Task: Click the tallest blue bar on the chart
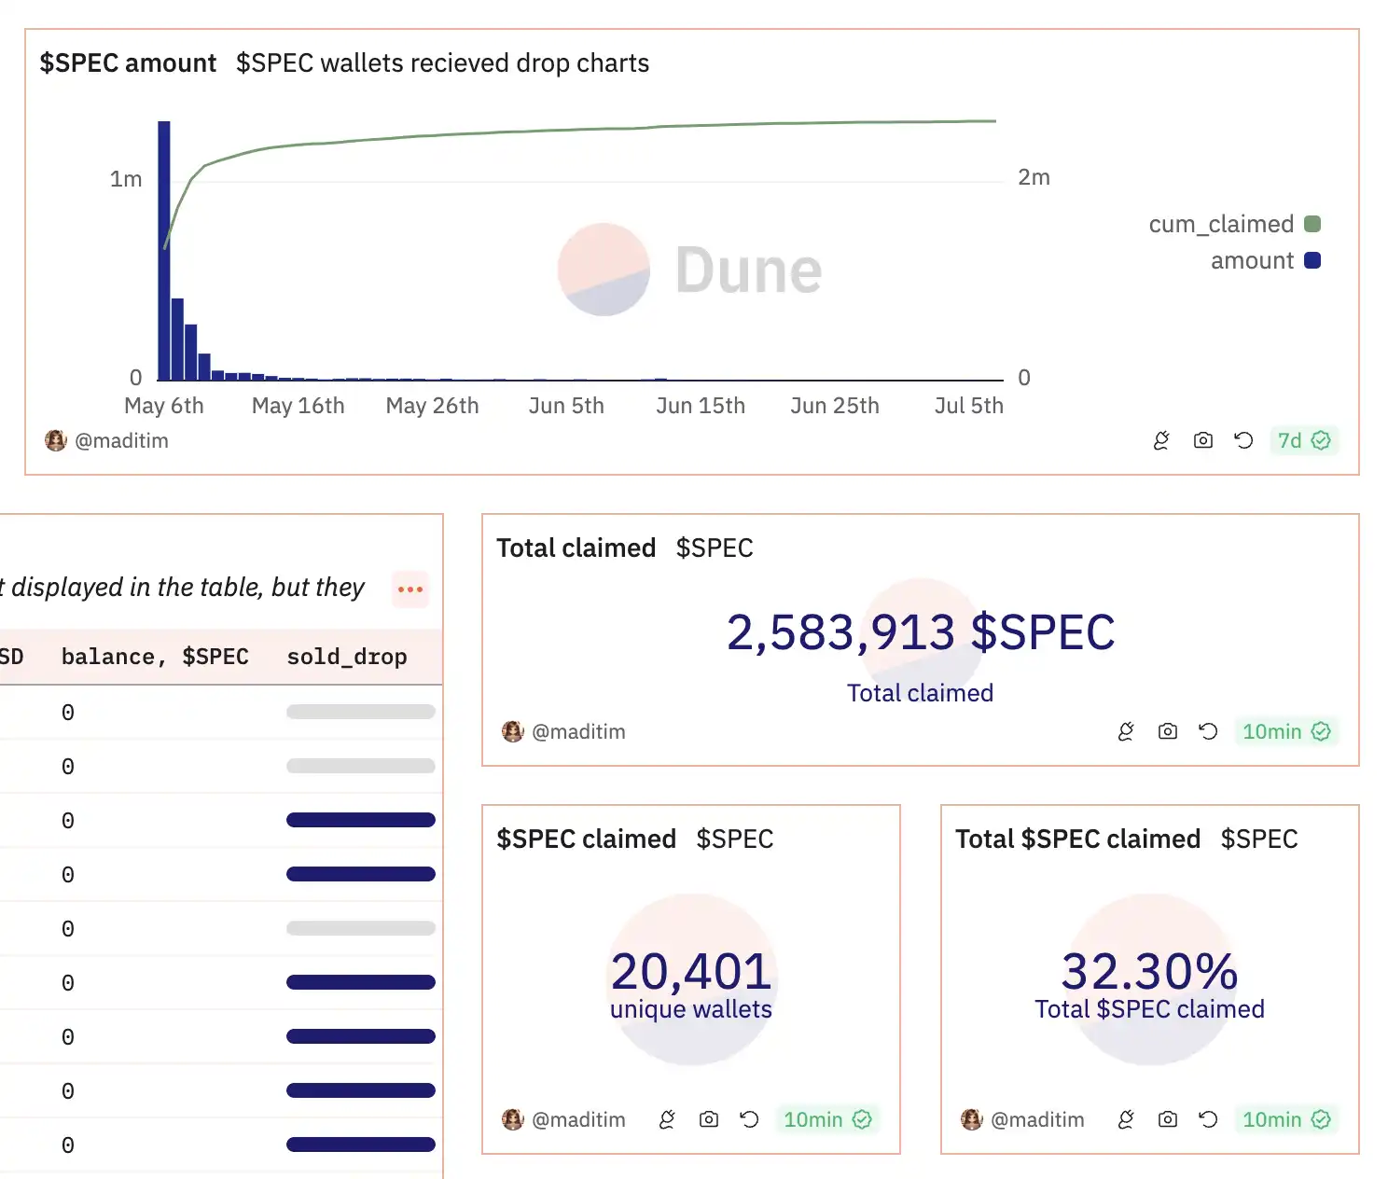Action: click(x=164, y=252)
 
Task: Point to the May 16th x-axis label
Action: click(x=298, y=407)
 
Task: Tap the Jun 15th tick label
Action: click(x=701, y=407)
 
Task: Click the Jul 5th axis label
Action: click(x=968, y=407)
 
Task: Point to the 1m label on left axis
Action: click(x=126, y=179)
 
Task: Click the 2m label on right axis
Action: click(x=1034, y=177)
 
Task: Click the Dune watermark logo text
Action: click(x=748, y=270)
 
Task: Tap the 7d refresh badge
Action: click(x=1303, y=441)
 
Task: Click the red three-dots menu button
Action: click(x=410, y=589)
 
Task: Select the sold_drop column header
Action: click(x=347, y=657)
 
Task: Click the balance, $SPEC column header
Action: click(x=155, y=657)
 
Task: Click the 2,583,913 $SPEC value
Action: click(x=920, y=632)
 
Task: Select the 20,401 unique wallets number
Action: click(x=691, y=971)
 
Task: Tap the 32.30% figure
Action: click(x=1149, y=971)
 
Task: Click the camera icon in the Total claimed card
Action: click(x=1167, y=732)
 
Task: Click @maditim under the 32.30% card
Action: click(x=1036, y=1120)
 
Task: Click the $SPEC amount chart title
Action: click(x=128, y=63)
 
